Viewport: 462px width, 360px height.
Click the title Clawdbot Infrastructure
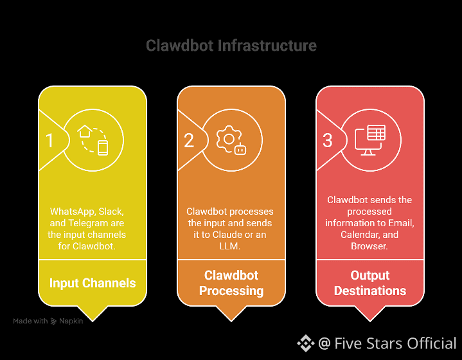231,46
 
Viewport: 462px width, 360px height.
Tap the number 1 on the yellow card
49,140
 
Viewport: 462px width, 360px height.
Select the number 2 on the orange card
189,140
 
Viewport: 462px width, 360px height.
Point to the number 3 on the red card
328,140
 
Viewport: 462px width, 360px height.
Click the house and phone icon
94,140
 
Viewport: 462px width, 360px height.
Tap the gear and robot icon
232,140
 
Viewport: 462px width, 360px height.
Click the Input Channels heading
93,283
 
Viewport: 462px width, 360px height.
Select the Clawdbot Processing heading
231,283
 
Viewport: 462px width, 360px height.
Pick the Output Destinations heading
370,283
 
